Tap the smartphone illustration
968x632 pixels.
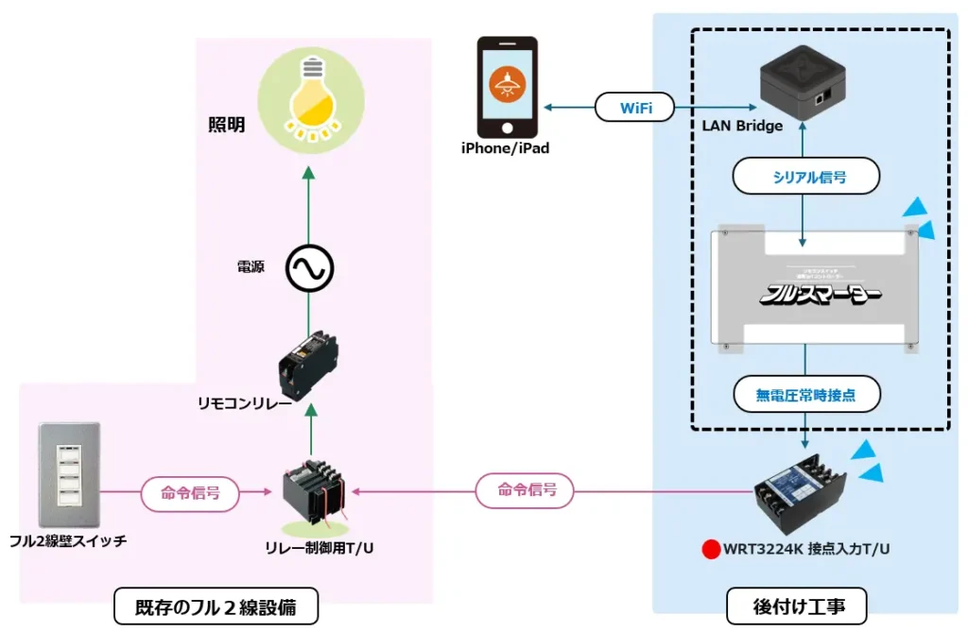click(x=507, y=87)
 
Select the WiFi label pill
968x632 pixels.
click(x=635, y=107)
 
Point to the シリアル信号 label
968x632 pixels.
click(x=806, y=177)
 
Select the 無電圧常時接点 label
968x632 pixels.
click(x=805, y=395)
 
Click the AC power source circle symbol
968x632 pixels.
click(x=310, y=270)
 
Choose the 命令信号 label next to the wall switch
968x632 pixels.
click(x=189, y=491)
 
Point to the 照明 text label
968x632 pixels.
click(x=227, y=126)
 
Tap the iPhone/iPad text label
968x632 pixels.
click(x=505, y=148)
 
